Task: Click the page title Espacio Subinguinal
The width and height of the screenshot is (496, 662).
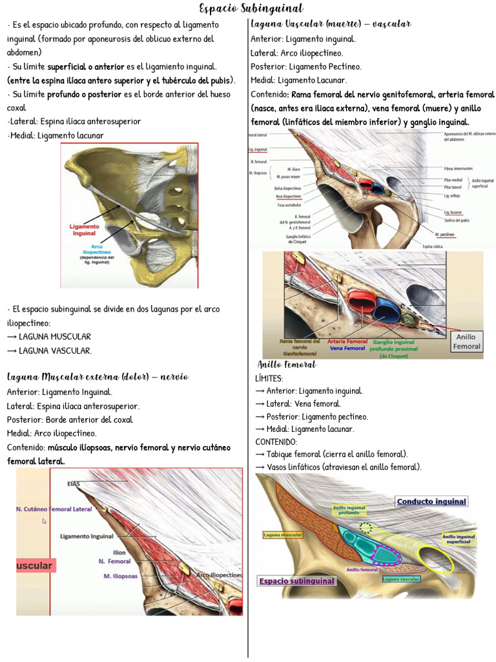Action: click(251, 8)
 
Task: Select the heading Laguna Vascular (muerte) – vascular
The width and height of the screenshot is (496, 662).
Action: click(330, 24)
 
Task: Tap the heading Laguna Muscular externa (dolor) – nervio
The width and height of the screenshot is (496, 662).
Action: click(98, 376)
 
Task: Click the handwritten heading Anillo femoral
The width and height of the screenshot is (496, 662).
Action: click(287, 365)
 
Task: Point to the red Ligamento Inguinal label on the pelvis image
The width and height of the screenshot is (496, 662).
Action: click(84, 230)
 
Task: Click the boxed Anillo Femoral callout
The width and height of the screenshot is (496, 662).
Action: click(466, 341)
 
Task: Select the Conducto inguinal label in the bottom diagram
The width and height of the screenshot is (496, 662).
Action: click(431, 502)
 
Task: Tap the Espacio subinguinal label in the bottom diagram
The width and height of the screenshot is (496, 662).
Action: click(297, 581)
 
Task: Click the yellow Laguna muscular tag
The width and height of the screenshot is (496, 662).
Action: click(282, 535)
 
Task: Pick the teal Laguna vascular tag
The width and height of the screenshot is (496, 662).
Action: click(405, 580)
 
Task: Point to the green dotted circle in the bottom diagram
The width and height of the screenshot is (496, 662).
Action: click(366, 528)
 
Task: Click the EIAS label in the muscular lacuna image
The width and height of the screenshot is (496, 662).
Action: click(73, 483)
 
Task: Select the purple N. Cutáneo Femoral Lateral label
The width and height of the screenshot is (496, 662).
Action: click(54, 509)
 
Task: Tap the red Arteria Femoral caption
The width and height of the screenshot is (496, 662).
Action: click(347, 341)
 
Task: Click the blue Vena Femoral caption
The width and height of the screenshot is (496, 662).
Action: click(347, 348)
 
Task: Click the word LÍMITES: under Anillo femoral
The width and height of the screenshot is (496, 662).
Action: click(269, 378)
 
